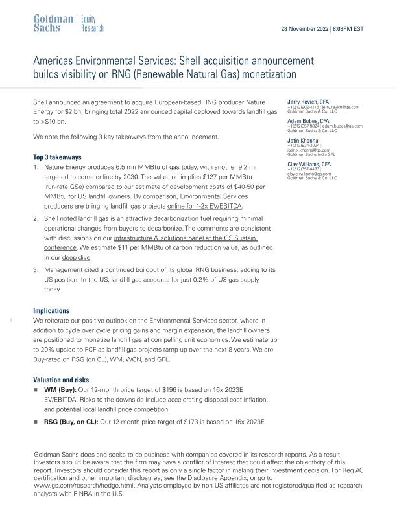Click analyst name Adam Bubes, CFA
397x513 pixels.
click(309, 121)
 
